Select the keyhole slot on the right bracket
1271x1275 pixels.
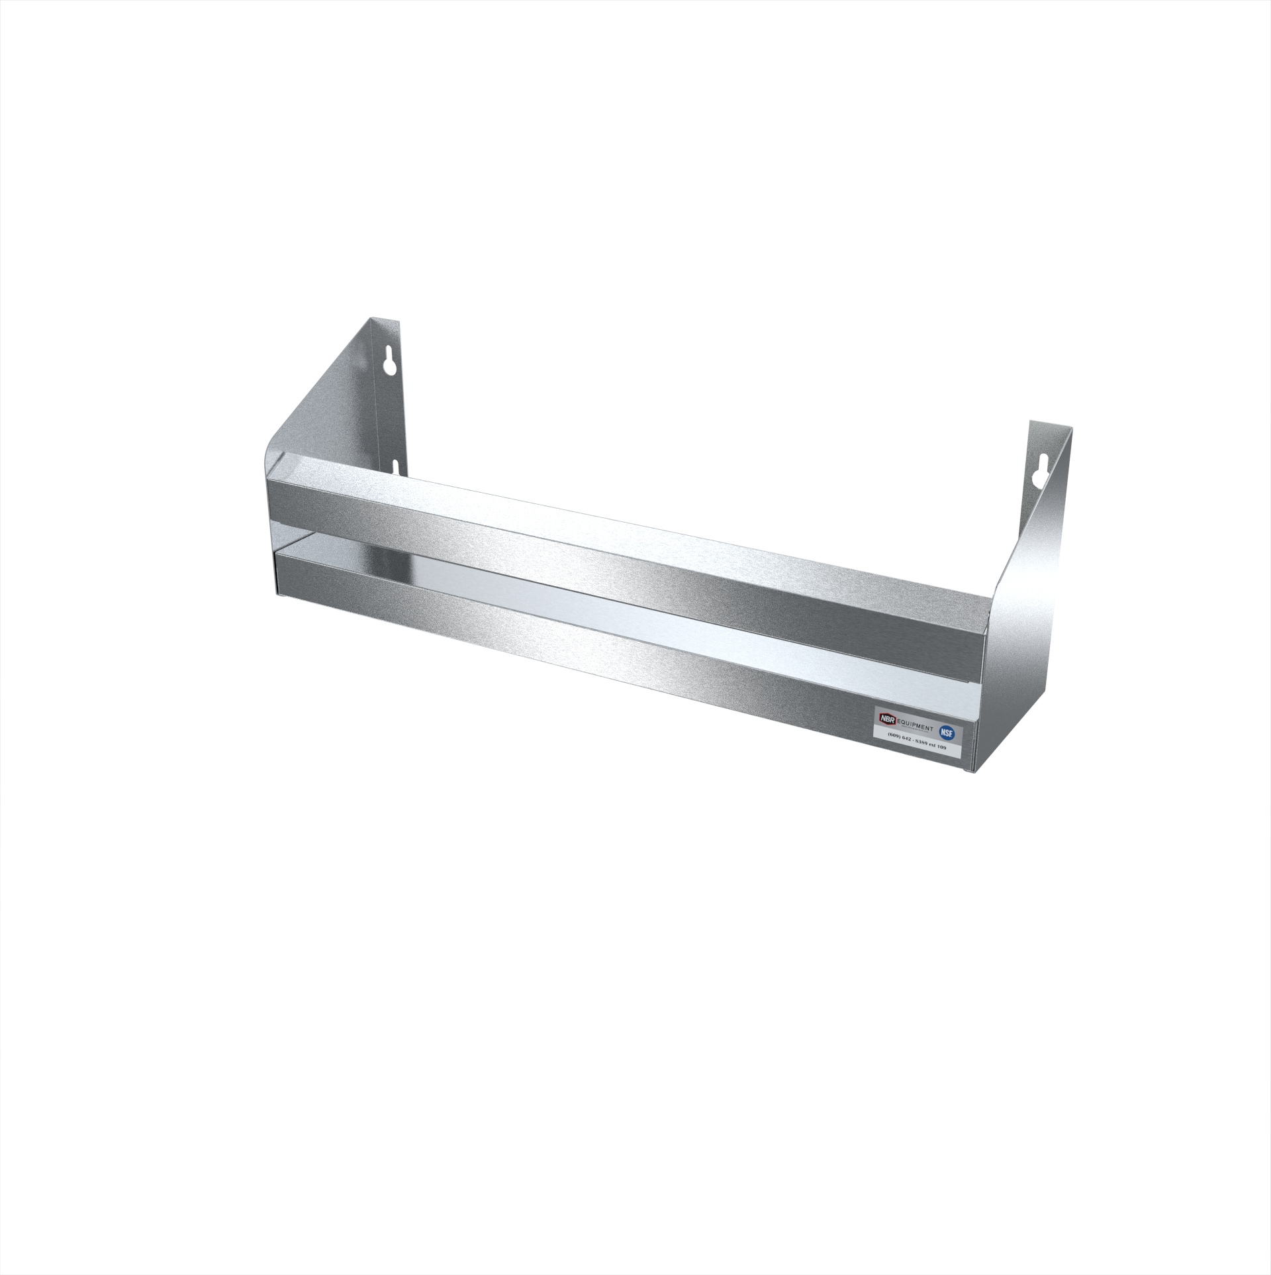pyautogui.click(x=1037, y=468)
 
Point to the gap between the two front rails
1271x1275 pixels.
pyautogui.click(x=596, y=593)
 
